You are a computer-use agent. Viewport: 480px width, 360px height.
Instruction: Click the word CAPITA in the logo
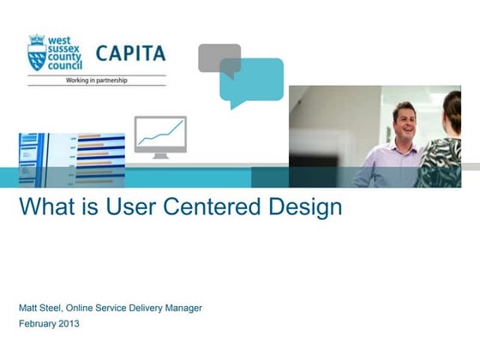pyautogui.click(x=130, y=54)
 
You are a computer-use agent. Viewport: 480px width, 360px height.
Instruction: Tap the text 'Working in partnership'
pyautogui.click(x=97, y=80)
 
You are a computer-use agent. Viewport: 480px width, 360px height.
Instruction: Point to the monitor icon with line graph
pyautogui.click(x=160, y=136)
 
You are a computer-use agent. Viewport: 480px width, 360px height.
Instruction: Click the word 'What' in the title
pyautogui.click(x=43, y=208)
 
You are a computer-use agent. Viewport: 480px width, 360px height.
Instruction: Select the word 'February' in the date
pyautogui.click(x=37, y=325)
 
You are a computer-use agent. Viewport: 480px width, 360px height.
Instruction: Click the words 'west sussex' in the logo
pyautogui.click(x=65, y=44)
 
